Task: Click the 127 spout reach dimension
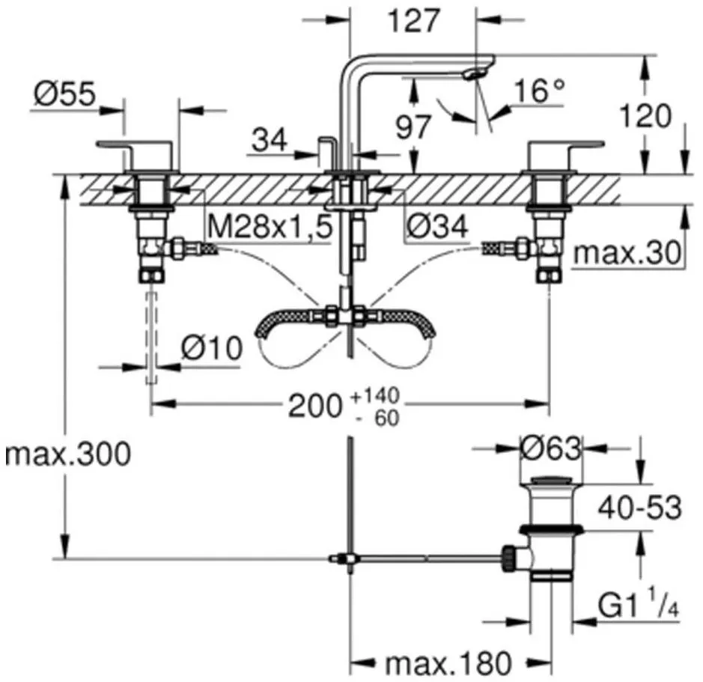(413, 21)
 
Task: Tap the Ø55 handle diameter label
(65, 94)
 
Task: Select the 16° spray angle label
(539, 91)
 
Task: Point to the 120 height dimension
(645, 116)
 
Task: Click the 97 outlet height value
(413, 127)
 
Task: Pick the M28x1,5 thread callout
(270, 227)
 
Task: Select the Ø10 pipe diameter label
(212, 348)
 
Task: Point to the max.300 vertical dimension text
(68, 454)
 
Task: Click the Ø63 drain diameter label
(551, 448)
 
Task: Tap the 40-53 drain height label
(640, 508)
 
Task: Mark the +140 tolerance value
(375, 396)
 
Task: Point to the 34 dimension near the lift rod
(270, 139)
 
